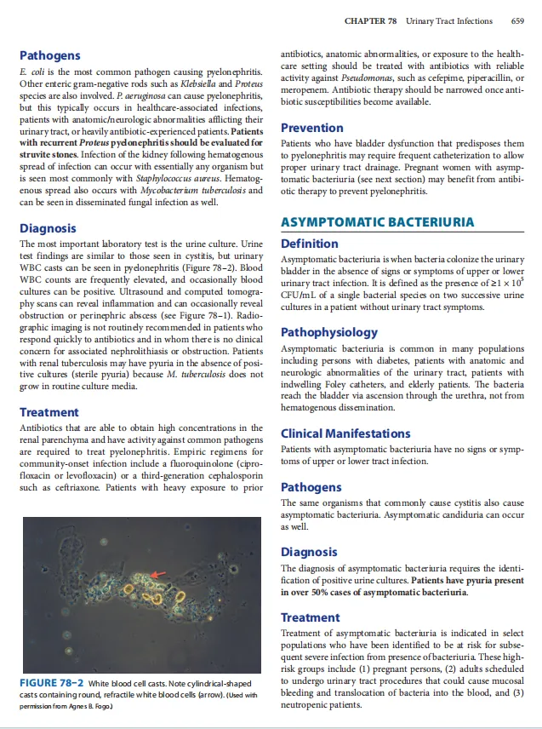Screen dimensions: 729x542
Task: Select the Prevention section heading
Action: tap(311, 128)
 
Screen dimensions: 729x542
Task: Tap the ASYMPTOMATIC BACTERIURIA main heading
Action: tap(377, 222)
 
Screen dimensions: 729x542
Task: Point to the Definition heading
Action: tap(309, 244)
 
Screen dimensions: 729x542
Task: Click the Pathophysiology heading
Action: tap(329, 331)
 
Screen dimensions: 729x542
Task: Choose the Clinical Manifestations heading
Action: tap(345, 433)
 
